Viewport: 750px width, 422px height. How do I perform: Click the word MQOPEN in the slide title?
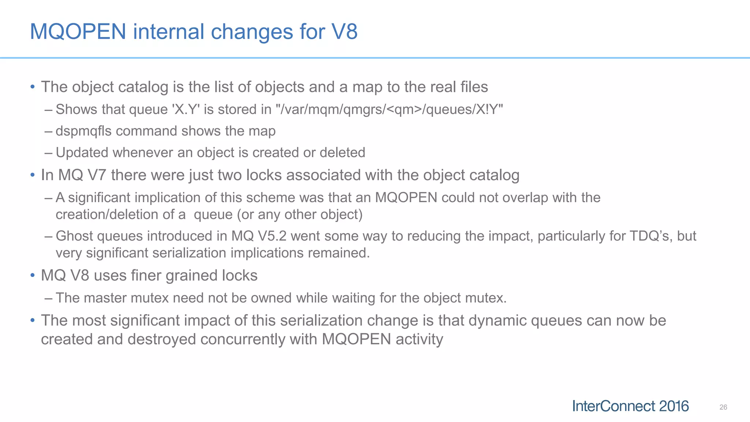[x=78, y=32]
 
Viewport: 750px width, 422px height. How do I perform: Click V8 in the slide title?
[x=344, y=32]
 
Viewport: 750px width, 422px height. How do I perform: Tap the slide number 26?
[x=723, y=407]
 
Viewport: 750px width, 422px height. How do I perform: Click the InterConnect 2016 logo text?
[x=630, y=406]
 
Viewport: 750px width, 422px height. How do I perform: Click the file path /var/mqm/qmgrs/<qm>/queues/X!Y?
[x=389, y=110]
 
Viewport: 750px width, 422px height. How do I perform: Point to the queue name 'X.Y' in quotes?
[x=186, y=110]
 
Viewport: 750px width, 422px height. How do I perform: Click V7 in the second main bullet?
[x=97, y=175]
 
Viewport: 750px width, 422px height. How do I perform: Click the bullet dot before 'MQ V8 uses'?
[x=33, y=275]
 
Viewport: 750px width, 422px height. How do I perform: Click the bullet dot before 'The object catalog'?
[x=33, y=87]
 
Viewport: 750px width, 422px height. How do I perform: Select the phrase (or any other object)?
[x=300, y=215]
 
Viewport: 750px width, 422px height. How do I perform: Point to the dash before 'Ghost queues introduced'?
[x=48, y=236]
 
